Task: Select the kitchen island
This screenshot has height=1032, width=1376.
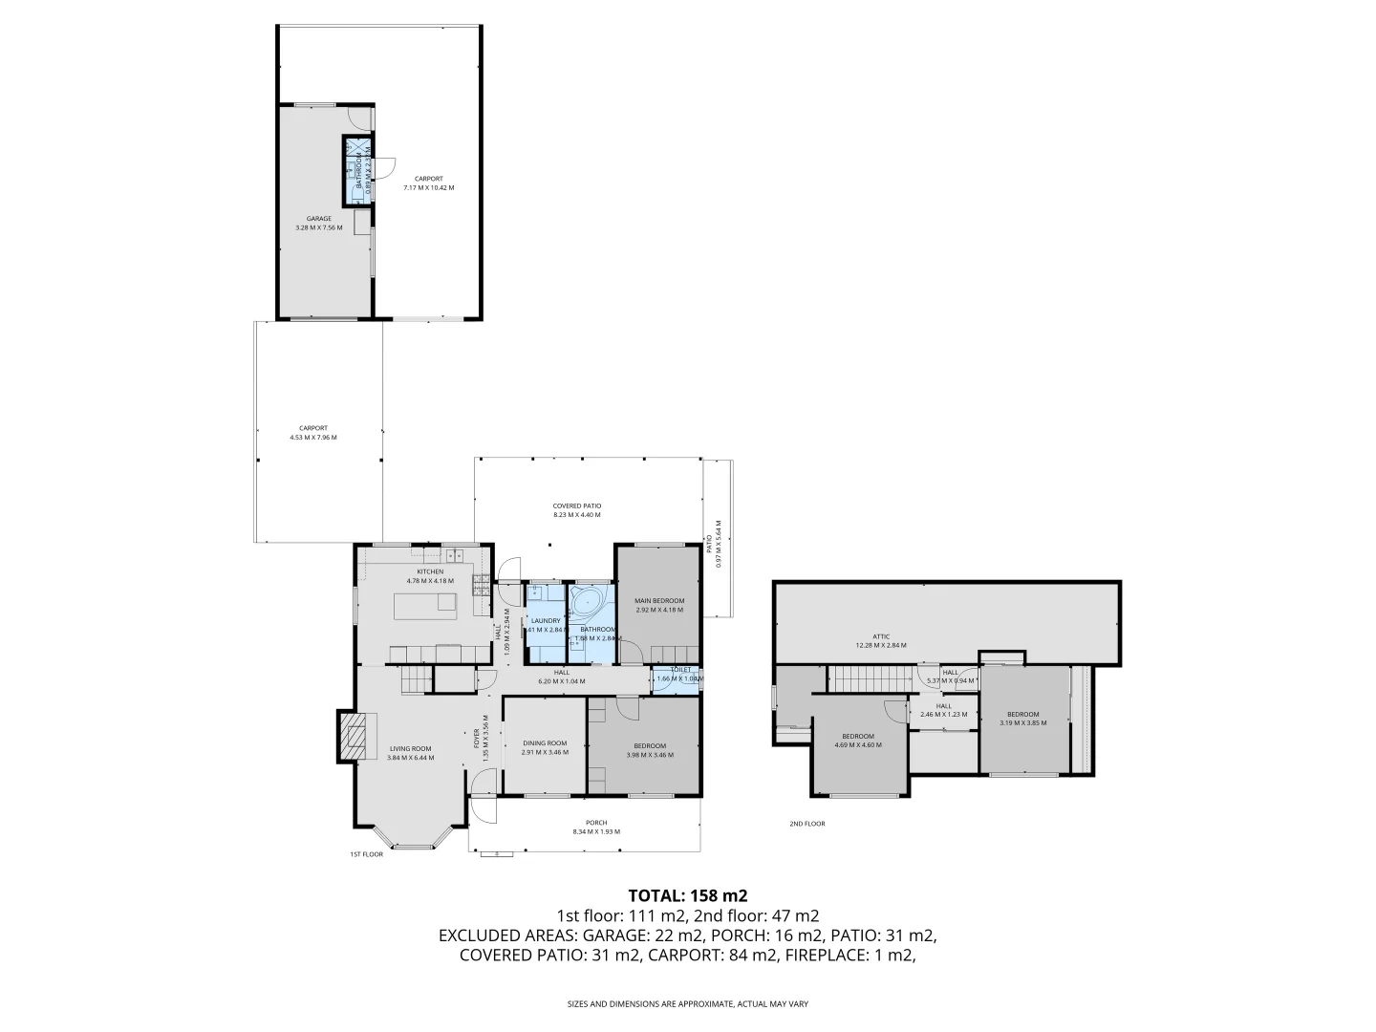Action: pyautogui.click(x=426, y=603)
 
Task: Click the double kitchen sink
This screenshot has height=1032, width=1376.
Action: pyautogui.click(x=452, y=554)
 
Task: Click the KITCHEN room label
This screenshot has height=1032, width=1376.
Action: pyautogui.click(x=430, y=571)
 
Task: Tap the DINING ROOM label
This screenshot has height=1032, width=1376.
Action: pyautogui.click(x=545, y=743)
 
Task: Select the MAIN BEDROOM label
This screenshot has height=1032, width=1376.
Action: pyautogui.click(x=659, y=600)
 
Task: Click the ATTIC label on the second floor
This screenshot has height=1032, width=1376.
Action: pyautogui.click(x=881, y=635)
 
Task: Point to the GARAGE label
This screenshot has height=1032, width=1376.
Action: pyautogui.click(x=318, y=219)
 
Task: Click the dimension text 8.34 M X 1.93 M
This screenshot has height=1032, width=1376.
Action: pyautogui.click(x=596, y=832)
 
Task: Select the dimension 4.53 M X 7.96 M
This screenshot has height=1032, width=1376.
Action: pyautogui.click(x=313, y=438)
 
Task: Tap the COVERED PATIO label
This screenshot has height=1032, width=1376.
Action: pyautogui.click(x=577, y=505)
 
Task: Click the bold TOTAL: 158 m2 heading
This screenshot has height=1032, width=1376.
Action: pyautogui.click(x=687, y=895)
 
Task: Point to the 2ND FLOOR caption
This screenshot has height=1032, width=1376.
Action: pyautogui.click(x=806, y=824)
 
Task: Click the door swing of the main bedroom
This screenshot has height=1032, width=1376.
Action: pyautogui.click(x=631, y=652)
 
